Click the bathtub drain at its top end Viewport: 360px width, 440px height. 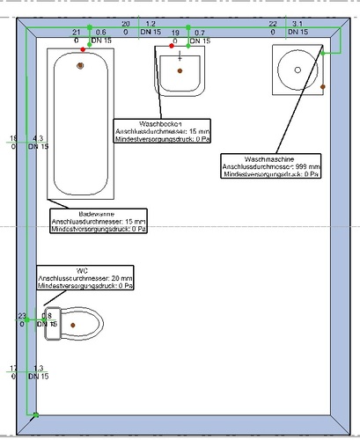point(81,64)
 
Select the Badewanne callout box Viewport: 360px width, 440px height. point(98,221)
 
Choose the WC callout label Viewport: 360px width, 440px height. point(84,278)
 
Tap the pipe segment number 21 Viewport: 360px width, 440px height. point(77,32)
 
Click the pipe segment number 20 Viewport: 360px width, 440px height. point(125,23)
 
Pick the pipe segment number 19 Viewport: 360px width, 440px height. point(175,32)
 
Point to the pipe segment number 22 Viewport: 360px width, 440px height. point(273,24)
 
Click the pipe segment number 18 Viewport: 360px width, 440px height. point(12,139)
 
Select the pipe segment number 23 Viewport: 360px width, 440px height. point(22,315)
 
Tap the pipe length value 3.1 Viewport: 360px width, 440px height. point(298,24)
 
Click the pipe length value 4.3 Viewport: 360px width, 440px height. point(38,139)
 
